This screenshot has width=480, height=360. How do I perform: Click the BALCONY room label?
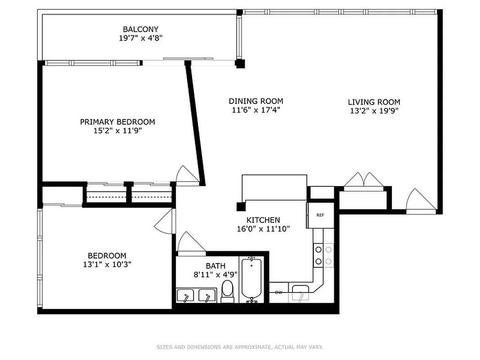[x=140, y=29]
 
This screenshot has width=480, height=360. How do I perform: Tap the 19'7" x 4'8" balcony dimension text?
[x=140, y=38]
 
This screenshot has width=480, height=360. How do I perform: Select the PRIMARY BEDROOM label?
[x=117, y=122]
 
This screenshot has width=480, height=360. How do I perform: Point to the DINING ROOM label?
[x=256, y=101]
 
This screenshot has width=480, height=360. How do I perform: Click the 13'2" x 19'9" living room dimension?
[x=374, y=111]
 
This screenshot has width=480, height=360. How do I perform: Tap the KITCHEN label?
[x=263, y=220]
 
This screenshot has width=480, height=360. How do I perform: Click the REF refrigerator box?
[x=320, y=215]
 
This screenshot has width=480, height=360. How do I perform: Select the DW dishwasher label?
[x=278, y=292]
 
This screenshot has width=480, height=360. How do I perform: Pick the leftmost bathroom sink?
[x=185, y=296]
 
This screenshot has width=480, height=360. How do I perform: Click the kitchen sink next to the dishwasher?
[x=300, y=294]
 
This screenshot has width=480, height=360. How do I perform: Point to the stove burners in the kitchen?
[x=323, y=255]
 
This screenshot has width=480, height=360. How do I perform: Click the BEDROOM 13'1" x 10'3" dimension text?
[x=107, y=265]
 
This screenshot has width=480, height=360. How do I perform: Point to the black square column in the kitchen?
[x=240, y=207]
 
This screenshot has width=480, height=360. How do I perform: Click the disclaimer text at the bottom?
[x=240, y=347]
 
